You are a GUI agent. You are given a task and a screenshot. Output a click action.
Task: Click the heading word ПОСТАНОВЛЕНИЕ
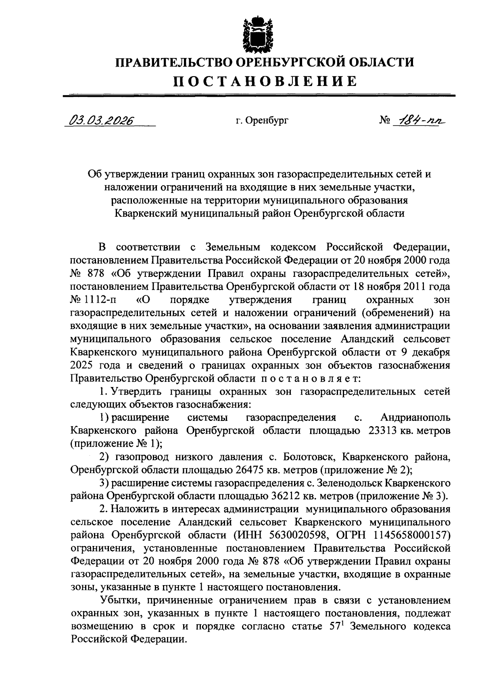click(x=265, y=81)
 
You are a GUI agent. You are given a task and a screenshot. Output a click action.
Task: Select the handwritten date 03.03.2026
click(x=101, y=120)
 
